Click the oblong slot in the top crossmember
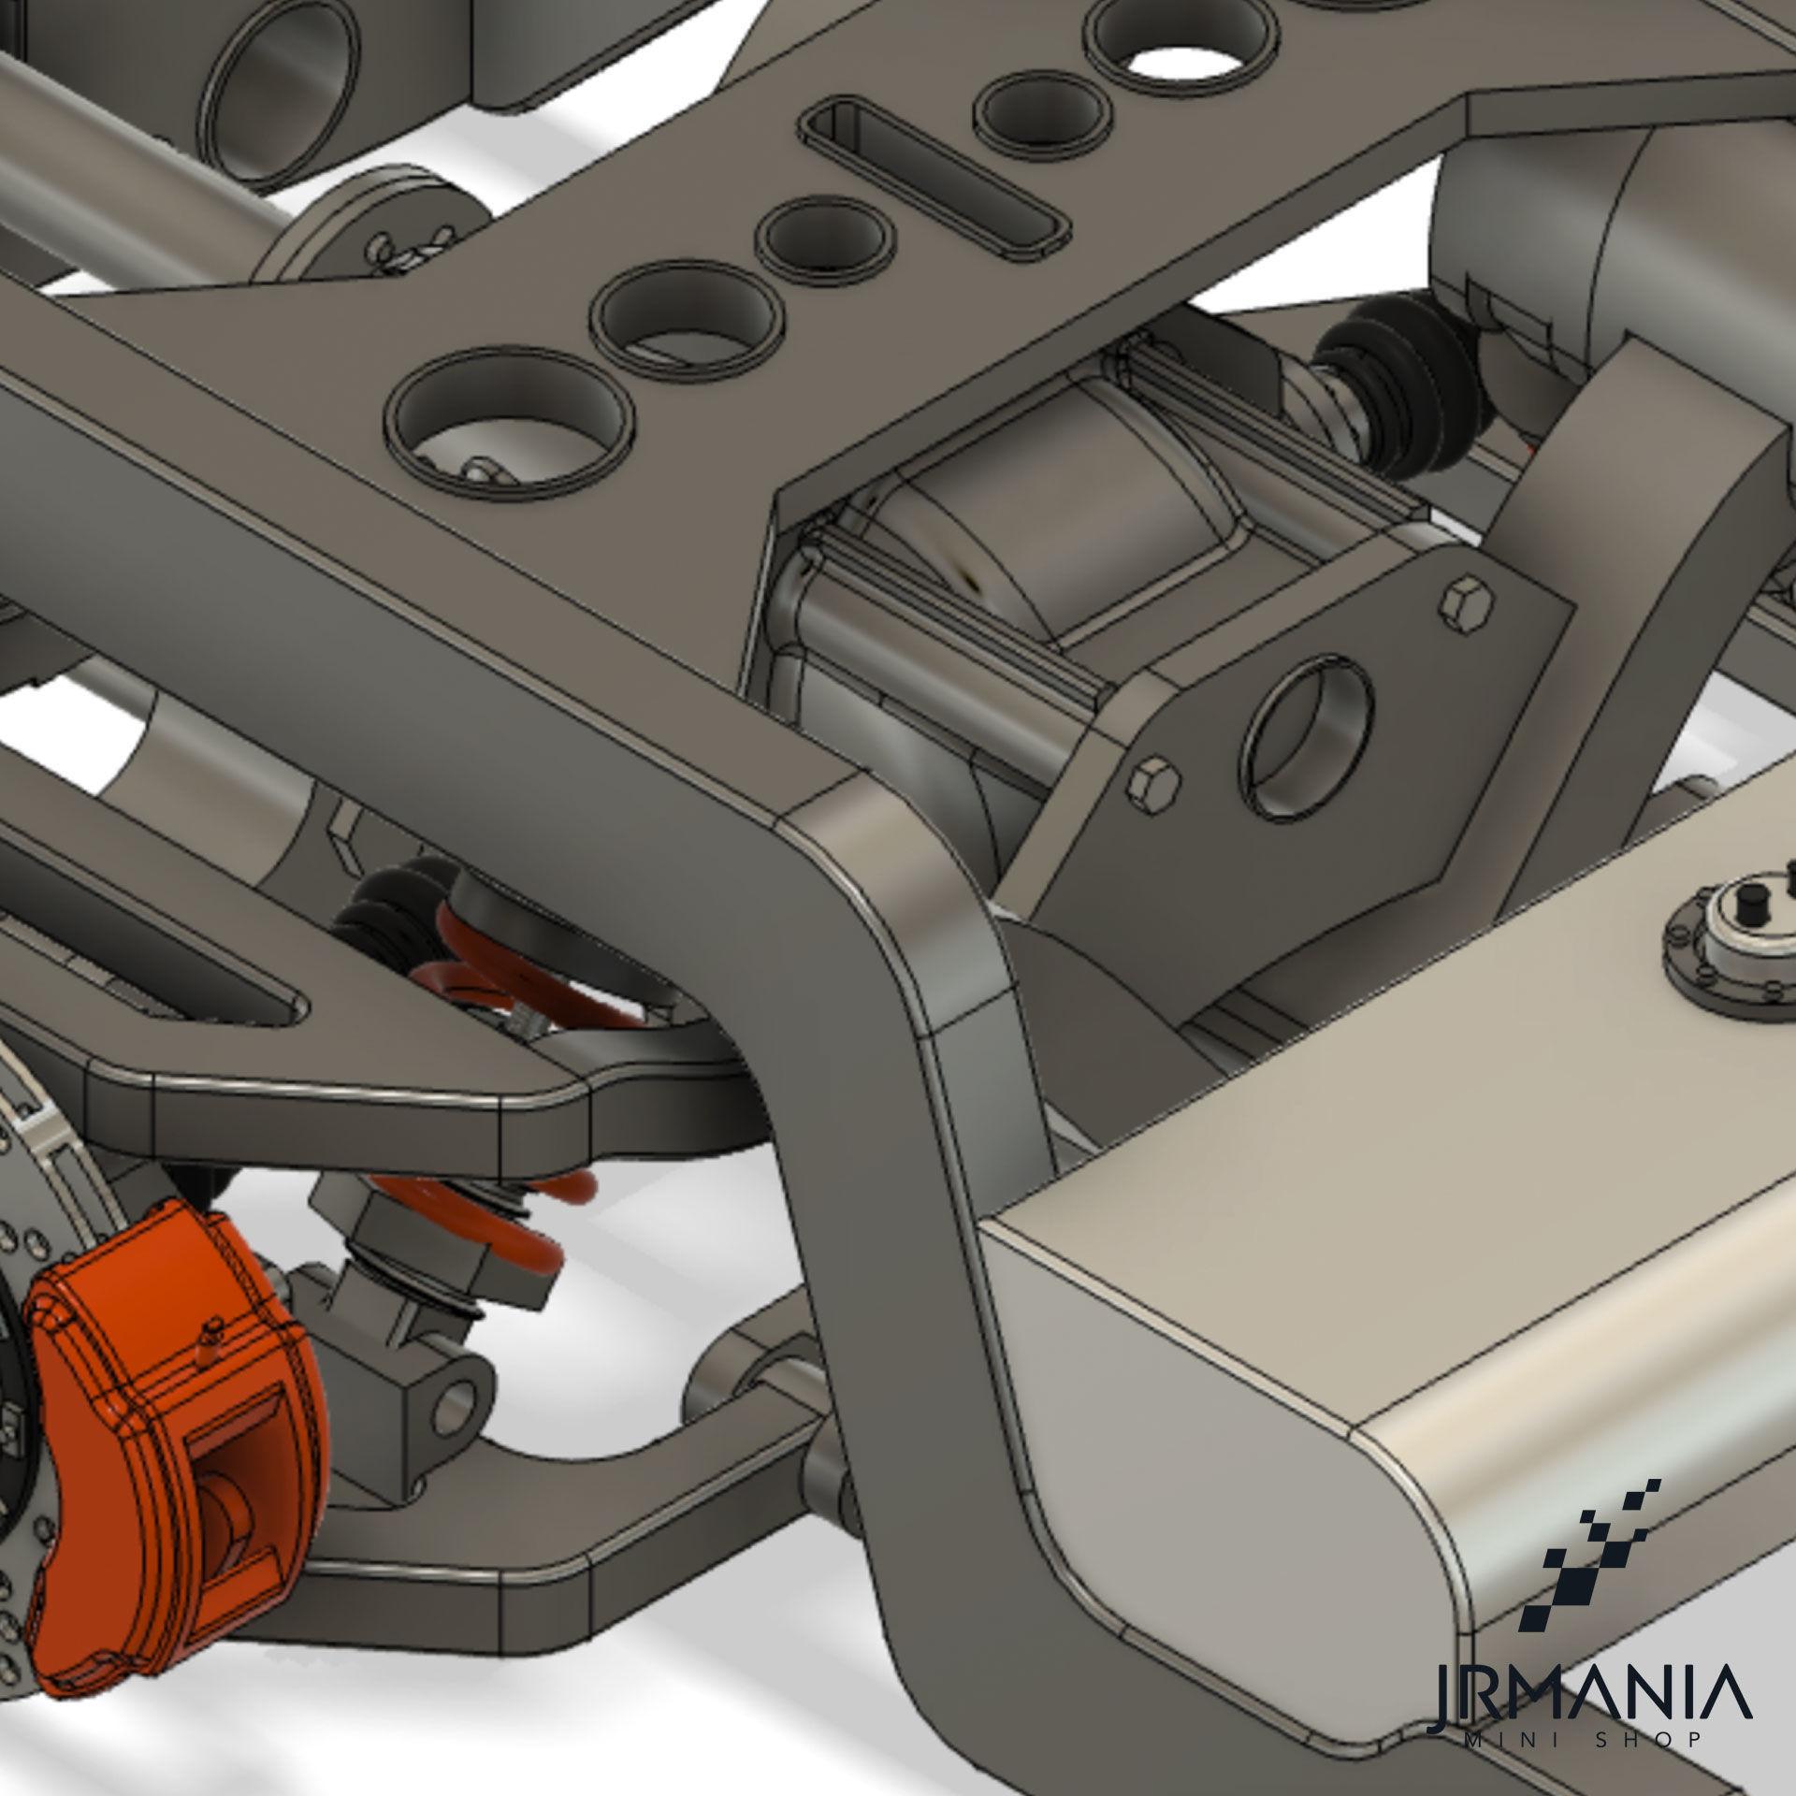pos(935,178)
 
